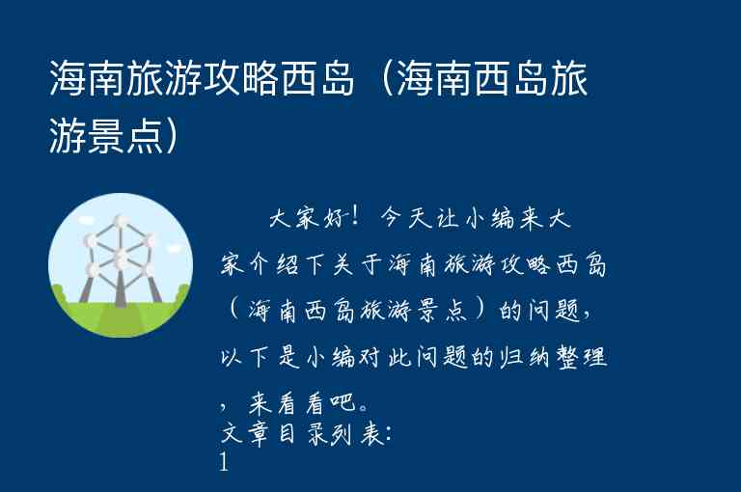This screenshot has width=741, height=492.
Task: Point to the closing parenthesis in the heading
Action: point(173,136)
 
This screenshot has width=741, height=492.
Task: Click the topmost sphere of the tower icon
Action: point(121,223)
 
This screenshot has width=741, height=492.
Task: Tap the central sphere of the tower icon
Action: point(121,258)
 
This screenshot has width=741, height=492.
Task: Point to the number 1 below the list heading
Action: point(225,464)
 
